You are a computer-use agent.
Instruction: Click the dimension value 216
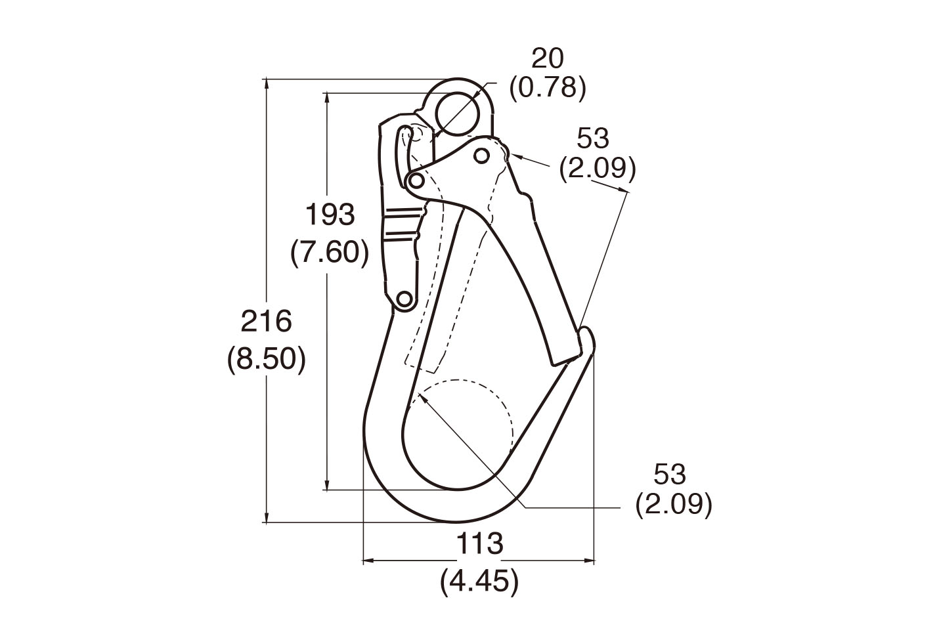pos(266,321)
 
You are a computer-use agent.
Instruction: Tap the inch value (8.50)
pos(266,360)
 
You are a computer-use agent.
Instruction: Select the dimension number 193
pos(330,214)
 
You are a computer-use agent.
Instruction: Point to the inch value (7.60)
pos(330,253)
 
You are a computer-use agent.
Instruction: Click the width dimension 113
pos(479,543)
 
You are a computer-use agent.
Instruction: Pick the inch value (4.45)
pos(479,582)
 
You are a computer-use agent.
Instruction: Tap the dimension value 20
pos(548,58)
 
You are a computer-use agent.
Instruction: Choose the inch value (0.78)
pos(548,88)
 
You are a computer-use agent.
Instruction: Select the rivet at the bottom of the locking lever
pos(404,299)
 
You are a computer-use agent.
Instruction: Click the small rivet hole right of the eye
pos(482,156)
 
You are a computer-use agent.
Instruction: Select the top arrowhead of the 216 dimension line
pos(266,83)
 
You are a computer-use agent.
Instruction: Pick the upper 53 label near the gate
pos(592,138)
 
